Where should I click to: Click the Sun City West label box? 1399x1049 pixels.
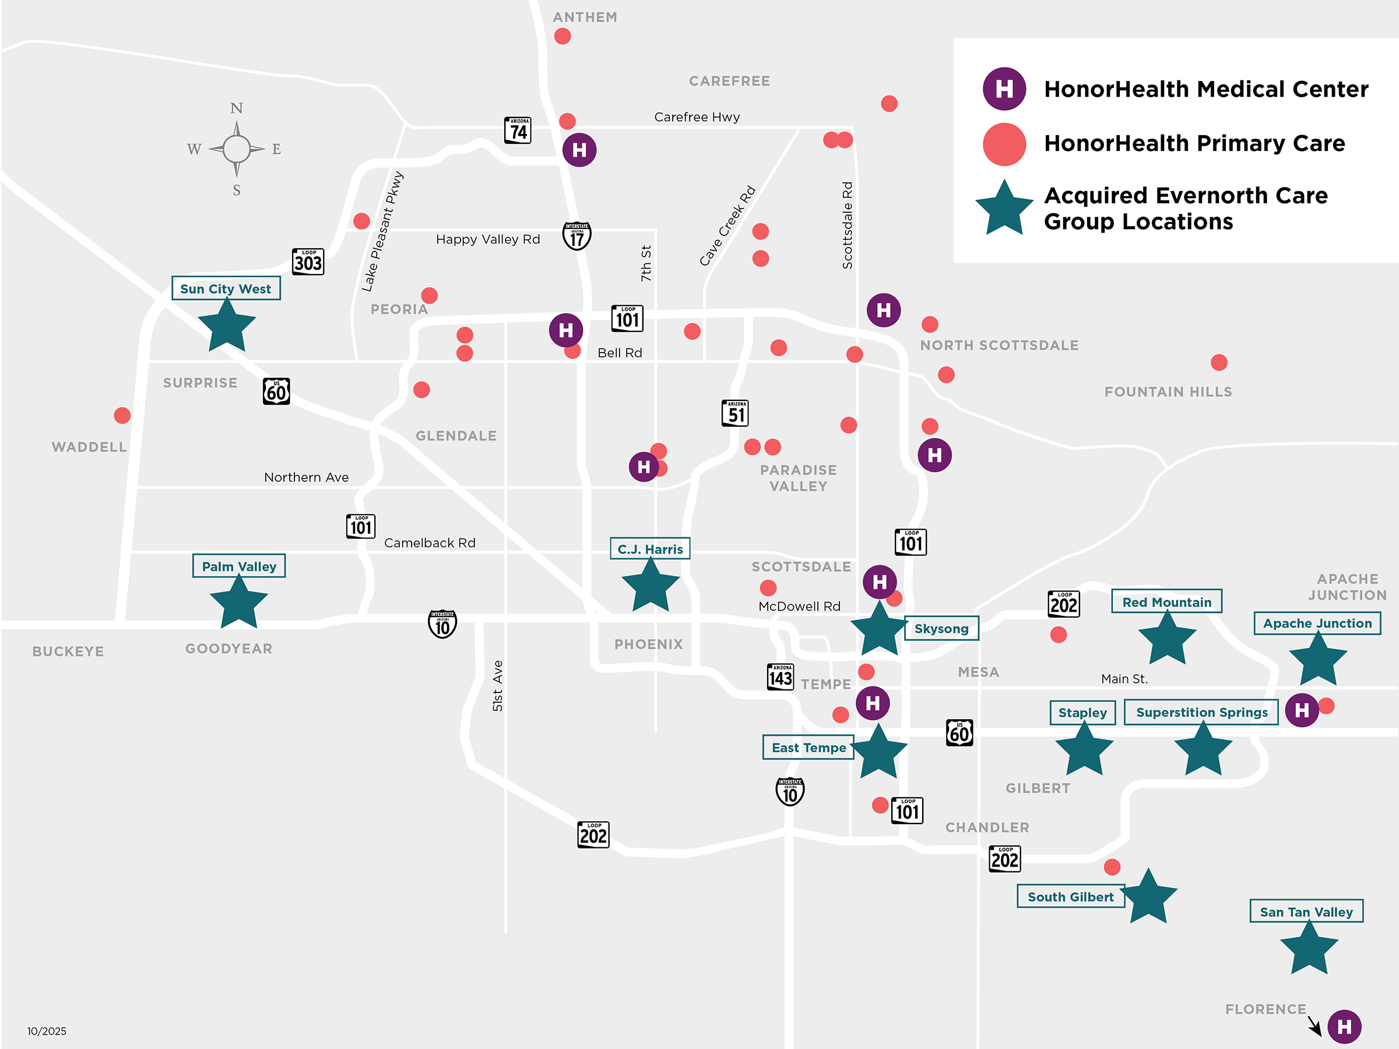pyautogui.click(x=226, y=288)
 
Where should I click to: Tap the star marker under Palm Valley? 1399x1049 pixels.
pyautogui.click(x=238, y=603)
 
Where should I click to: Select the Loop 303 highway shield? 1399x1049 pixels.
pyautogui.click(x=307, y=261)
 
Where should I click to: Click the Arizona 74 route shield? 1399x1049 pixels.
pyautogui.click(x=518, y=131)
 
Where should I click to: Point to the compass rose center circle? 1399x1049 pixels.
pyautogui.click(x=237, y=149)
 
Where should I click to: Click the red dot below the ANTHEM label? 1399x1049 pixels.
pyautogui.click(x=563, y=36)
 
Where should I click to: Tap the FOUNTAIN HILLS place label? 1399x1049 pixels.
pyautogui.click(x=1168, y=392)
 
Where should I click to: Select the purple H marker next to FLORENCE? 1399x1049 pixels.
pyautogui.click(x=1344, y=1026)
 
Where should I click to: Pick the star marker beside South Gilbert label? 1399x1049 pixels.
pyautogui.click(x=1148, y=898)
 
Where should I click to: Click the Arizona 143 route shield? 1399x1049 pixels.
pyautogui.click(x=780, y=677)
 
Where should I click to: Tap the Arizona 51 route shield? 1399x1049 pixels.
pyautogui.click(x=735, y=414)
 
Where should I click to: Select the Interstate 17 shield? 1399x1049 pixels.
pyautogui.click(x=577, y=236)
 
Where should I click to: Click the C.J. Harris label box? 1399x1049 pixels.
pyautogui.click(x=649, y=549)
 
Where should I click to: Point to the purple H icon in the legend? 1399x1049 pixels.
pyautogui.click(x=1004, y=89)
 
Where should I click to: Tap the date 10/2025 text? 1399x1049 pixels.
pyautogui.click(x=47, y=1031)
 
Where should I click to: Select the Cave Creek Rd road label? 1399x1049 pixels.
pyautogui.click(x=727, y=226)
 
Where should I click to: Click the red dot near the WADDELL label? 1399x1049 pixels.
pyautogui.click(x=122, y=416)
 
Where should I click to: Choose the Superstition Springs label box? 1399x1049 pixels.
pyautogui.click(x=1201, y=713)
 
